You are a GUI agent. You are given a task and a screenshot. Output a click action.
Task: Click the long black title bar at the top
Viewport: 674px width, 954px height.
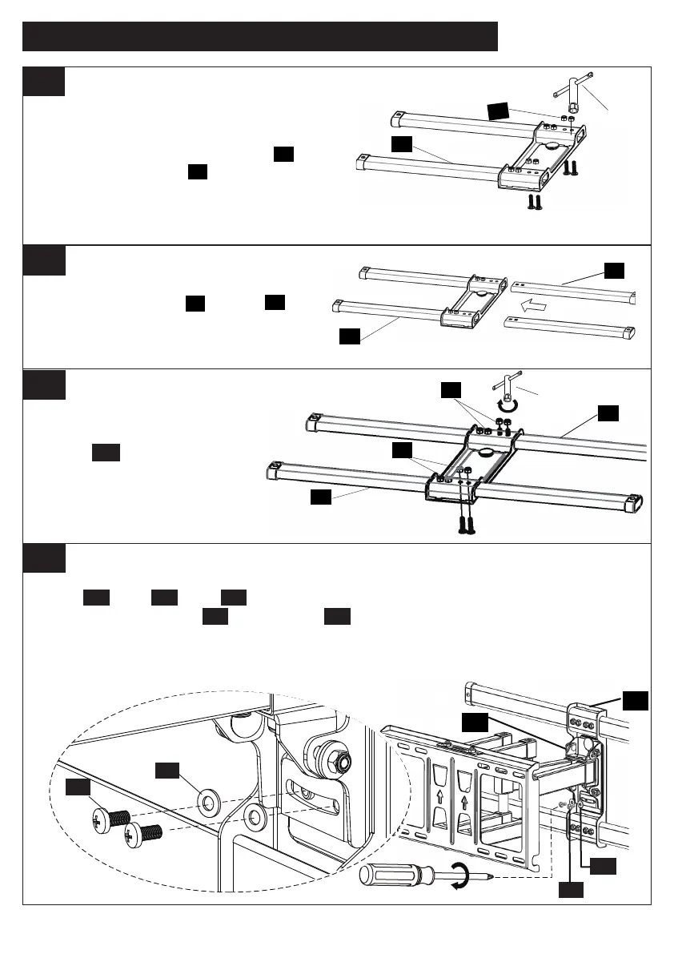click(x=260, y=36)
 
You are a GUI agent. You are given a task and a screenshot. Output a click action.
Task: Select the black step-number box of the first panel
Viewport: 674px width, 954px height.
click(x=43, y=81)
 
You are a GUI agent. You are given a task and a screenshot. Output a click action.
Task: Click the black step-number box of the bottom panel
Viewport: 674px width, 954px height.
click(x=43, y=558)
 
